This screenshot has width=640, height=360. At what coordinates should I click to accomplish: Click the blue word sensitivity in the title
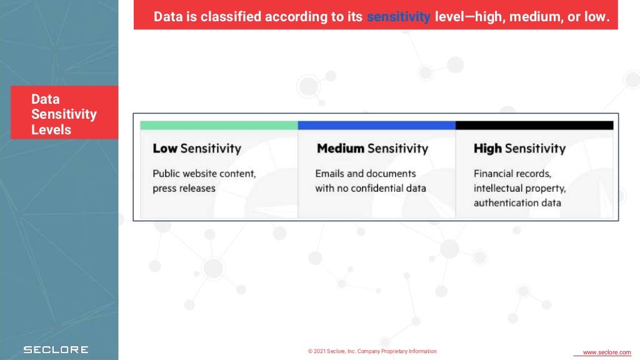pos(398,17)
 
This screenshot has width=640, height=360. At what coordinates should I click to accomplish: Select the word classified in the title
pos(231,17)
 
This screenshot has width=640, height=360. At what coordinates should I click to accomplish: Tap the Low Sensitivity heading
pos(197,148)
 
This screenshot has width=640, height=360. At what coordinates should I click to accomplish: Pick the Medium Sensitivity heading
pos(372,148)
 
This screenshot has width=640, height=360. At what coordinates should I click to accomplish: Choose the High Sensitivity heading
pos(519,148)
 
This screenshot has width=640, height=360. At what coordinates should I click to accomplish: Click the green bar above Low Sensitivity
pos(219,125)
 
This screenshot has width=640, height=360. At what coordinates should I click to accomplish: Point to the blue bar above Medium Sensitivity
pos(377,125)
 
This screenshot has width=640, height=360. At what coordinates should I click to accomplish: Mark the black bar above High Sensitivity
pos(534,125)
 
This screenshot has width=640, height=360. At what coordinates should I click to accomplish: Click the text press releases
pos(184,188)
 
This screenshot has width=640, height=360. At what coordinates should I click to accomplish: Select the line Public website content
pos(204,174)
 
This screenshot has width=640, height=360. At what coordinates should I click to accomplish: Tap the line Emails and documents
pos(366,174)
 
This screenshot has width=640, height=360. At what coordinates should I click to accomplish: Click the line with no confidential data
pos(371,188)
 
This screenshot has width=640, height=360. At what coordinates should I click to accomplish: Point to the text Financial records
pos(512,174)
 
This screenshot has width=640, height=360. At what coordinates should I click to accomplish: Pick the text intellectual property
pos(520,188)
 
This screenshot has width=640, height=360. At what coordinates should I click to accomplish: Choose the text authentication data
pos(517,202)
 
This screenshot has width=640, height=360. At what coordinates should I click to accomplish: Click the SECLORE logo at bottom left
pos(56,349)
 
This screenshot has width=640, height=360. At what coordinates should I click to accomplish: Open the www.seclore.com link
pos(606,352)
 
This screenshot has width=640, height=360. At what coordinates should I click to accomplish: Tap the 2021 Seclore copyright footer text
pos(372,351)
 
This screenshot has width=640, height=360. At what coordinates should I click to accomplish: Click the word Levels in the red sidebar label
pos(51,130)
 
